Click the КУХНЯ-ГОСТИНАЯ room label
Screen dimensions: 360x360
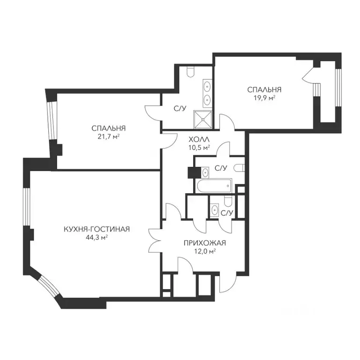[x=97, y=229]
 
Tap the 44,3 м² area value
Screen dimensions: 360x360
[x=97, y=237]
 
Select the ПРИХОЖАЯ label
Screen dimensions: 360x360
[x=205, y=243]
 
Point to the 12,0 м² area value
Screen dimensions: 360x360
[x=205, y=251]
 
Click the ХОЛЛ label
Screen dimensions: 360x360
[x=199, y=139]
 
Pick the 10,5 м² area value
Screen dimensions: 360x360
[x=199, y=147]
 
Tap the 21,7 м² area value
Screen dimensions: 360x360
[x=109, y=136]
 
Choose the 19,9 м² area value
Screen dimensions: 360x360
[x=264, y=98]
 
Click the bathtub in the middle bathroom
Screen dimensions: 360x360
[x=214, y=186]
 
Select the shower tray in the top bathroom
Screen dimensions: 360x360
[x=203, y=120]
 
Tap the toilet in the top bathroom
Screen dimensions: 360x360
[x=191, y=72]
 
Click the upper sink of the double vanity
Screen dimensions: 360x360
[x=208, y=87]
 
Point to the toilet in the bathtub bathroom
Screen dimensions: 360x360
[x=239, y=168]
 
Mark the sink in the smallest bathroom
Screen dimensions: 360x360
[x=215, y=210]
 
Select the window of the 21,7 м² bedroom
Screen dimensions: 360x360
[x=51, y=120]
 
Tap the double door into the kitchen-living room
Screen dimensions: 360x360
[x=155, y=240]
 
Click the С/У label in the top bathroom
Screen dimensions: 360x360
[x=180, y=108]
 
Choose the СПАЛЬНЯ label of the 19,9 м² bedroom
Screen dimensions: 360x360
[x=264, y=90]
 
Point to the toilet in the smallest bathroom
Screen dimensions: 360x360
[x=228, y=201]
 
